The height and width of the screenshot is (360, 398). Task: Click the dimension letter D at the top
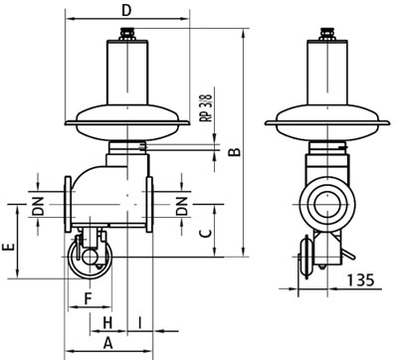[x=126, y=10]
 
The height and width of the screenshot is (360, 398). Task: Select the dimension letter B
[x=235, y=151]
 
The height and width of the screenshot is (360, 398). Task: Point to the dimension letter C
[x=206, y=234]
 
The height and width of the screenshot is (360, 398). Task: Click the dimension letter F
[x=88, y=299]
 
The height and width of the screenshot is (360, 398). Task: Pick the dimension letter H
[x=107, y=322]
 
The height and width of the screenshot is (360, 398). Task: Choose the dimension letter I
[x=140, y=322]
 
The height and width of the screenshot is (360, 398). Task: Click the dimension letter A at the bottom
[x=108, y=343]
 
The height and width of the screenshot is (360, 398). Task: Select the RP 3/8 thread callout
[x=208, y=107]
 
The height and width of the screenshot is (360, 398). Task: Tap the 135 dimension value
[x=361, y=280]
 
